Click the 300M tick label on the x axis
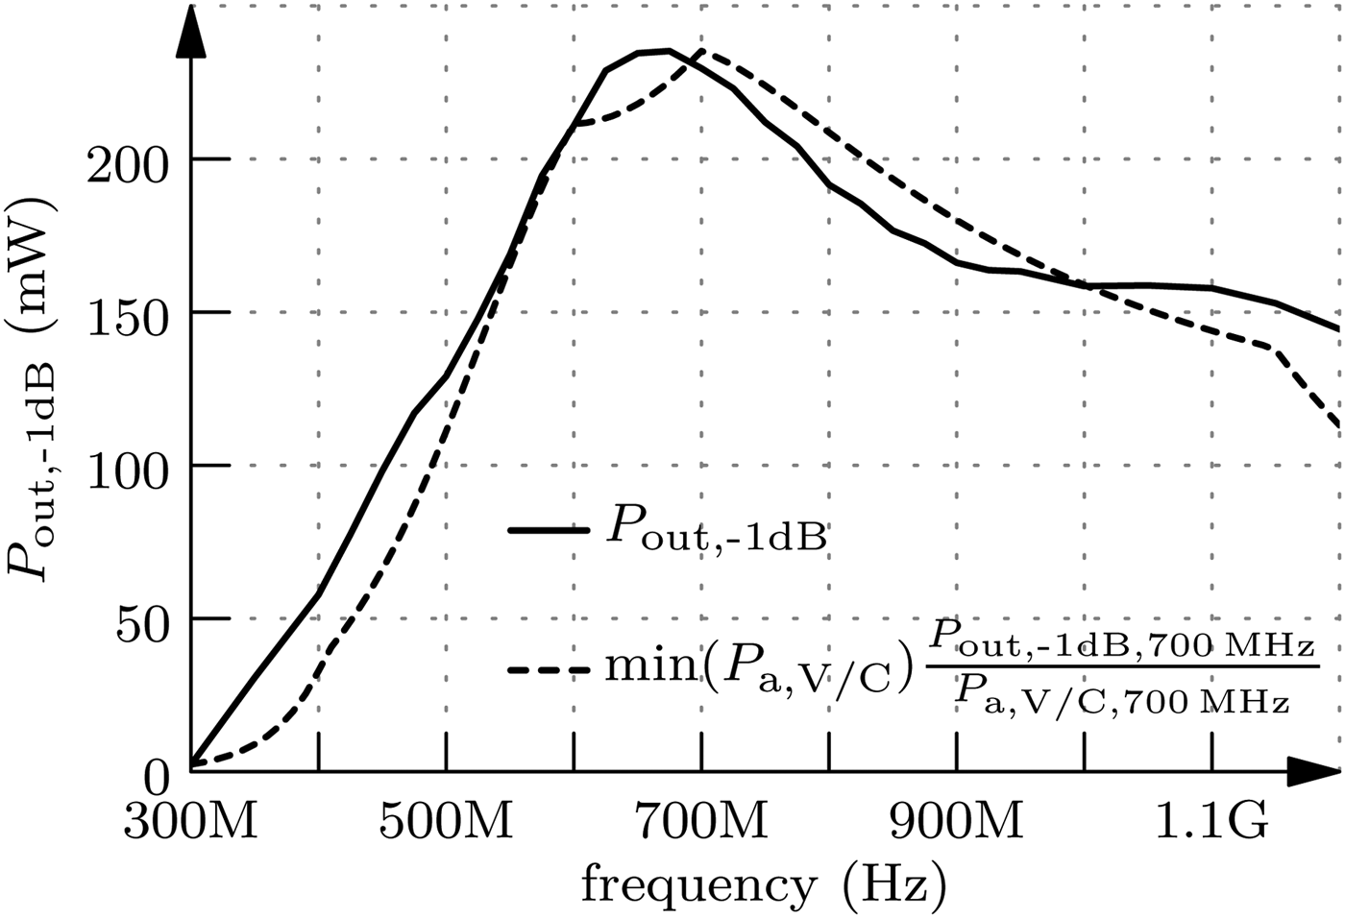pos(190,824)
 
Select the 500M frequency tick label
pos(446,824)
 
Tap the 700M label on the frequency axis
pos(701,824)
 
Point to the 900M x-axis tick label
pos(957,824)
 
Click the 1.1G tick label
pos(1212,824)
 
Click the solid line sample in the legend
pos(549,529)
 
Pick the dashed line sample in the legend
pos(549,669)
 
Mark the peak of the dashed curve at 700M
pos(702,50)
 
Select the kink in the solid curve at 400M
pos(318,594)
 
